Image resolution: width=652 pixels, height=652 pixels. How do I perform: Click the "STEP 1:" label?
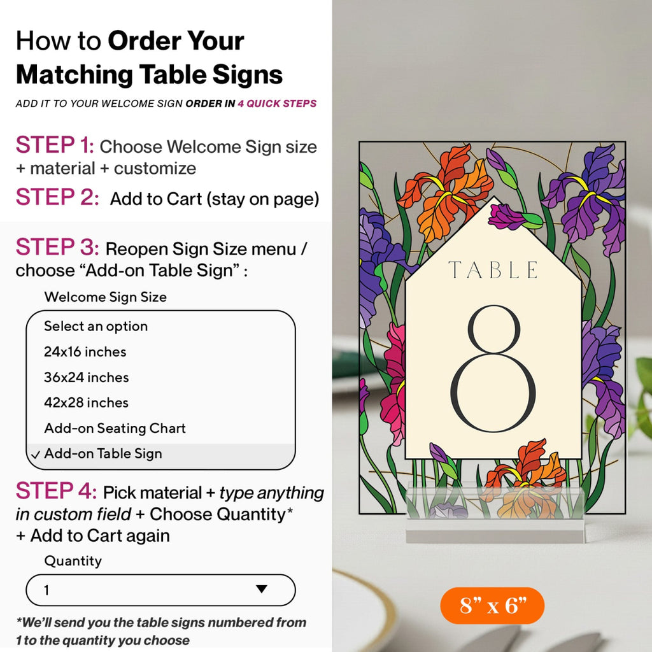coord(55,146)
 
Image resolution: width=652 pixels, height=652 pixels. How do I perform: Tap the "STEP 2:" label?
coord(57,197)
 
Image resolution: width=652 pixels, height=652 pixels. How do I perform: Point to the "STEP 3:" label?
coord(57,248)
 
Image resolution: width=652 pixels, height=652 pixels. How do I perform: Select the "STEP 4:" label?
coord(56,492)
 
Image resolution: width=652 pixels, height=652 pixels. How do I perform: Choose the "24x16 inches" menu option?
coord(85,351)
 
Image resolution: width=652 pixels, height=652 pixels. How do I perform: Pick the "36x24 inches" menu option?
coord(86,377)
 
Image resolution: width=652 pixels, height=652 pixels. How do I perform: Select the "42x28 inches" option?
coord(86,402)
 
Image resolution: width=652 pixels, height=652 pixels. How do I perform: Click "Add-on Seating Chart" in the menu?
coord(115,428)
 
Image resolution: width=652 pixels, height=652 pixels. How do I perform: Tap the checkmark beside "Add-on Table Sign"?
coord(35,454)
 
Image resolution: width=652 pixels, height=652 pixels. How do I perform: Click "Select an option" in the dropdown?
coord(96,326)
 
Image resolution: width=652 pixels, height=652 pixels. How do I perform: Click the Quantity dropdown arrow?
coord(262,590)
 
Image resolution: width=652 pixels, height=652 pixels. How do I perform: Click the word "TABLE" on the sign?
coord(492,270)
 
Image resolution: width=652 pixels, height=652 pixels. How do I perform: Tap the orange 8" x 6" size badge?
coord(492,606)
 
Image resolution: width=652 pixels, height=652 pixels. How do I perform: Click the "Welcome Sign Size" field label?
coord(105,297)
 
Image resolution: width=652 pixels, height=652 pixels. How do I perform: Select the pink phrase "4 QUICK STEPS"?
coord(277,104)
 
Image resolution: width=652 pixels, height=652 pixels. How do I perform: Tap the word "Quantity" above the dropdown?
coord(73,561)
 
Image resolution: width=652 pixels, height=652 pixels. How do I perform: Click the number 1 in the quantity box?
coord(46,590)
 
